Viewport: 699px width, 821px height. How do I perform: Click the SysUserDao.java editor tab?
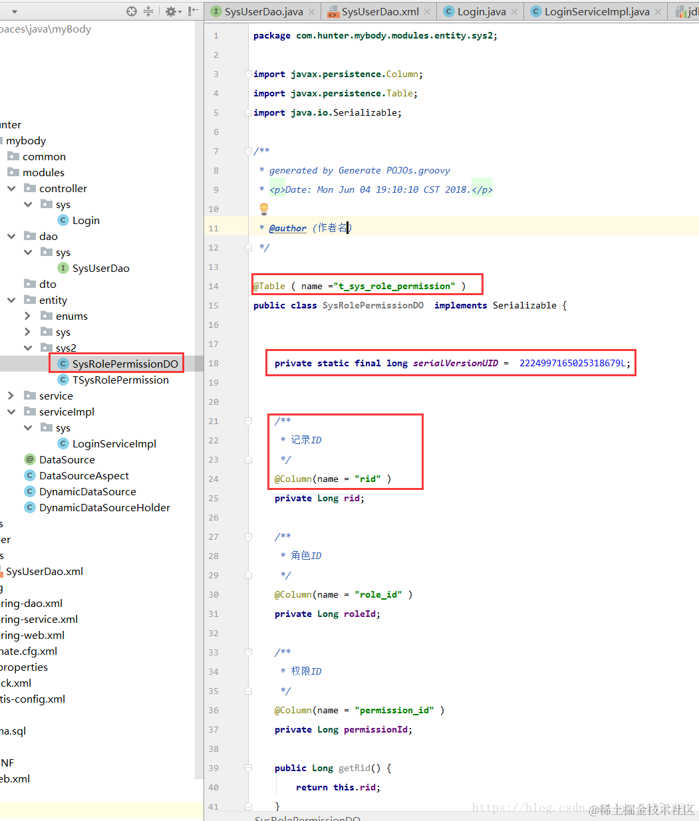point(263,11)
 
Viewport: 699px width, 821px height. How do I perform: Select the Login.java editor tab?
point(482,11)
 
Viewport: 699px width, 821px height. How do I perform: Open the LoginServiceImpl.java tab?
point(597,11)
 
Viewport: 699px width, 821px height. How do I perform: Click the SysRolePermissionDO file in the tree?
point(125,364)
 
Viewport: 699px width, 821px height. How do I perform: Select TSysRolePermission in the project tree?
point(120,380)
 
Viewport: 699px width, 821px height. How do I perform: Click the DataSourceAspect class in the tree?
point(84,475)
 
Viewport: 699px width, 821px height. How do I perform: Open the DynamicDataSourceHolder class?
point(104,507)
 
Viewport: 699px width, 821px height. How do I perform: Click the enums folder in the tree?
point(71,316)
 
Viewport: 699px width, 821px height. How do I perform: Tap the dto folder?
point(48,284)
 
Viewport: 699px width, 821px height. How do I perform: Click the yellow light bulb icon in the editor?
point(264,209)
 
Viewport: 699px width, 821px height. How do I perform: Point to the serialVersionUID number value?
point(573,363)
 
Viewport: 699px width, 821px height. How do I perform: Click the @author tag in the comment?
point(288,228)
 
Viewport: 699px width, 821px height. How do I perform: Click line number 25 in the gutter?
point(213,498)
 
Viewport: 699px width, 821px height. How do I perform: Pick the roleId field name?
point(360,614)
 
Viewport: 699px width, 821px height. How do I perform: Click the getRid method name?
point(354,768)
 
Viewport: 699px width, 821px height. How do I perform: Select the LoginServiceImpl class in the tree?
point(114,443)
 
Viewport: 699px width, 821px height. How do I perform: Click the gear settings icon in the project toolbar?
point(171,11)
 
